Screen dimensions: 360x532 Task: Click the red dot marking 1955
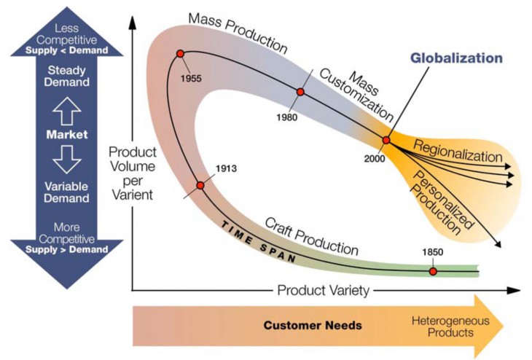179,54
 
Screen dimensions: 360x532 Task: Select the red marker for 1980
300,93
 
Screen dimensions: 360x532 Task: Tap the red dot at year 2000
386,140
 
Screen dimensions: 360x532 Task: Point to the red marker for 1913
200,185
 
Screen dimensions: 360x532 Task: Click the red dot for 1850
432,271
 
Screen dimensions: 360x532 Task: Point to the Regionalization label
458,152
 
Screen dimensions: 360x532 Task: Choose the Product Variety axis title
324,290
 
